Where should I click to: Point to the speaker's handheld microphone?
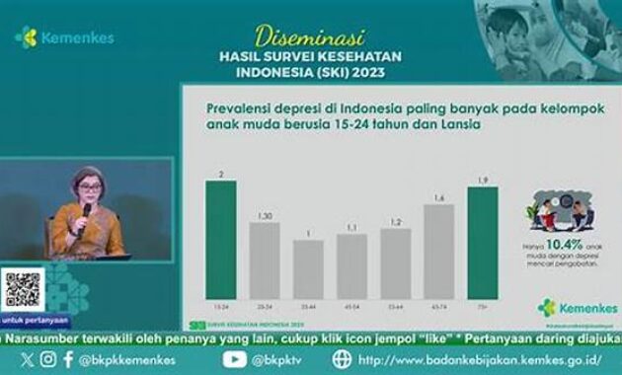[86, 212]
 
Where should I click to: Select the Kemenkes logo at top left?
[64, 37]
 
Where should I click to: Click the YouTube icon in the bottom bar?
[234, 360]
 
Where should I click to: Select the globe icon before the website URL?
[341, 360]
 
